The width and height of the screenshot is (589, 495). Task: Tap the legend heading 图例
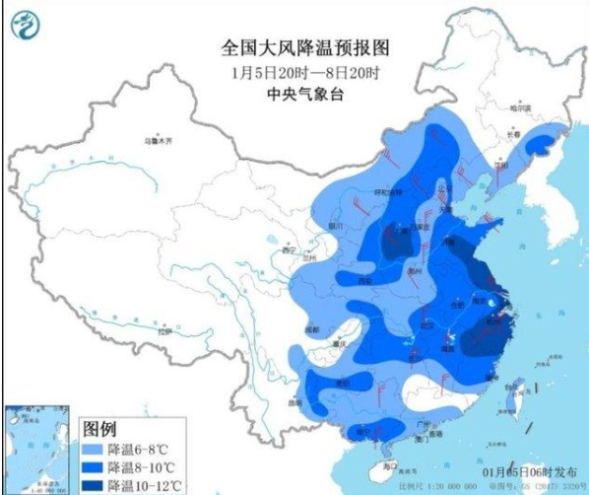click(x=99, y=430)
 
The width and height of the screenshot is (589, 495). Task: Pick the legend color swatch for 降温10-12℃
click(x=92, y=483)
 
